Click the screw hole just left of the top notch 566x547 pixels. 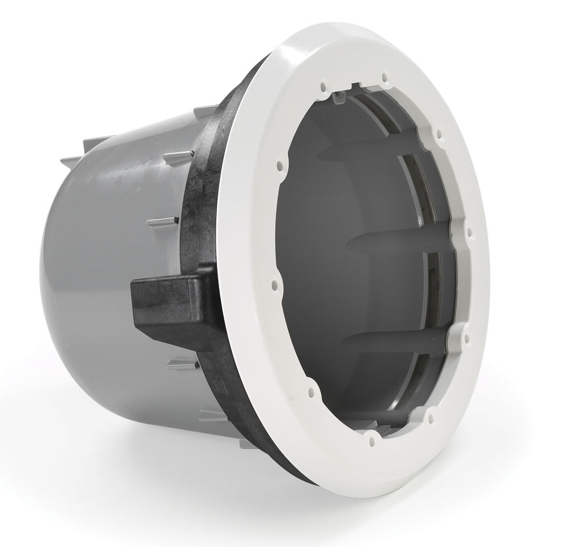coord(321,83)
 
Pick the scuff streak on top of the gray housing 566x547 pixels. coord(132,159)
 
